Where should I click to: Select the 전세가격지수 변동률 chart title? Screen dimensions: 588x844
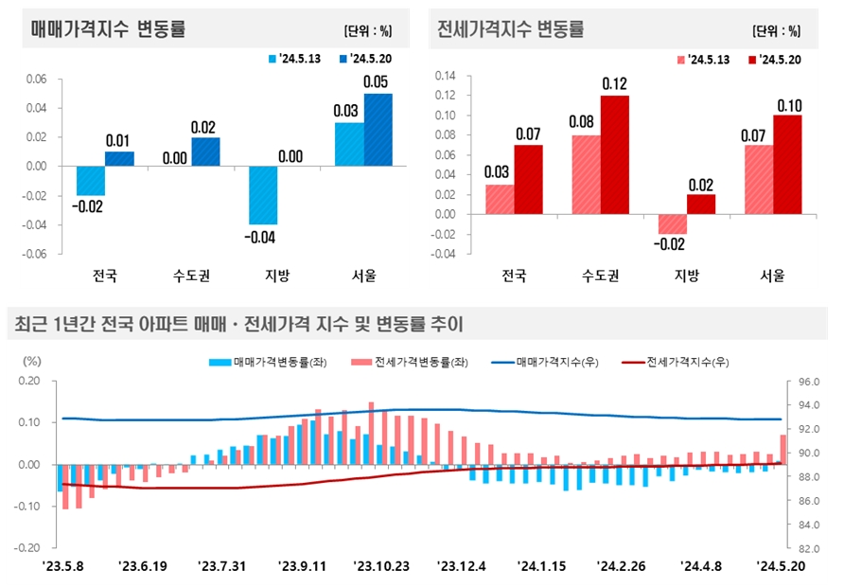point(511,28)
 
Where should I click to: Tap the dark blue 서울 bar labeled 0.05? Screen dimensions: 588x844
point(378,130)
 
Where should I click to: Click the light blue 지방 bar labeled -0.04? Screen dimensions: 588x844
point(263,196)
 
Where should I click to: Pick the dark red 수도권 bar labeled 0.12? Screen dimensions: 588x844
point(614,154)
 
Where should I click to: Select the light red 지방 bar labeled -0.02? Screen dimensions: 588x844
point(673,224)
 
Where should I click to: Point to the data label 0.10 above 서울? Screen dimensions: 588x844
point(788,104)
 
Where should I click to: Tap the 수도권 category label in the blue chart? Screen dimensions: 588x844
point(192,276)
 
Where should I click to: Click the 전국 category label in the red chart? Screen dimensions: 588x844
point(514,276)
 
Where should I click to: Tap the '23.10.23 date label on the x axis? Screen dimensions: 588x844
point(382,566)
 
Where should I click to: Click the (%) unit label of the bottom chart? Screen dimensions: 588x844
point(32,362)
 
